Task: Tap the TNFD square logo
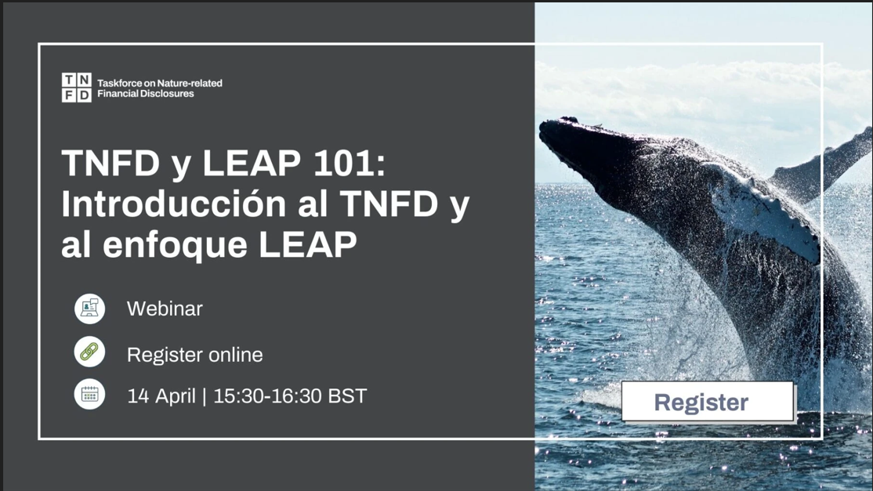coord(76,88)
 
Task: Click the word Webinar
coord(165,309)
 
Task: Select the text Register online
coord(194,355)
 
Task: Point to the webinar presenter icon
coord(89,309)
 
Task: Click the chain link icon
coord(89,352)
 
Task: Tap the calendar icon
coord(89,395)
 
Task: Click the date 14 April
coord(161,396)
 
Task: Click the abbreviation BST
coord(347,396)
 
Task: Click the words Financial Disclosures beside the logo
coord(145,94)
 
